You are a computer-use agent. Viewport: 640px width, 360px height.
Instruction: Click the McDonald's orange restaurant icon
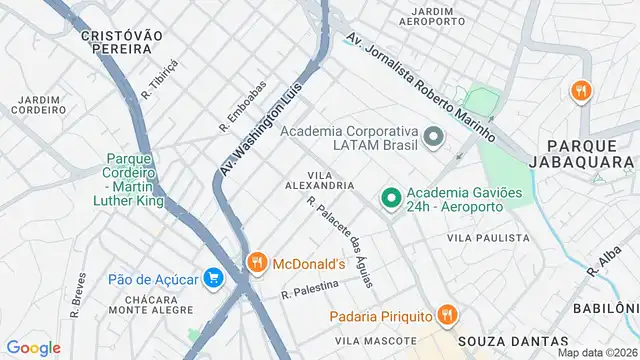click(257, 263)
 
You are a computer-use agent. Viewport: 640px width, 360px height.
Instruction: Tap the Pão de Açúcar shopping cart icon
click(212, 277)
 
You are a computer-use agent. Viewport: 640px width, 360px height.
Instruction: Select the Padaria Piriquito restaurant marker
click(447, 316)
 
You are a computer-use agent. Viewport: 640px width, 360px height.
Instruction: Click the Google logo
click(33, 347)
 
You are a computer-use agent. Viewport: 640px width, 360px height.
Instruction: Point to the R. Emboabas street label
click(243, 107)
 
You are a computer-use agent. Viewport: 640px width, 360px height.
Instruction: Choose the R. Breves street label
click(77, 297)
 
